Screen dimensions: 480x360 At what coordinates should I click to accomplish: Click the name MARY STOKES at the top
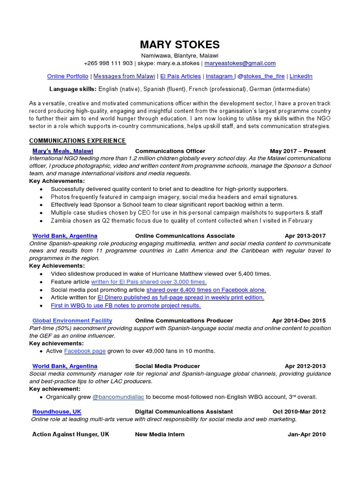(180, 45)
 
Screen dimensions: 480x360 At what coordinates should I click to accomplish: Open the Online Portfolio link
(67, 76)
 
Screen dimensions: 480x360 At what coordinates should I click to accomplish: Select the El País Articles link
(180, 76)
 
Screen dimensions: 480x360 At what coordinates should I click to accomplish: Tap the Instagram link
(219, 76)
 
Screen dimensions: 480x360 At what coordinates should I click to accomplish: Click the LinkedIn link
(300, 76)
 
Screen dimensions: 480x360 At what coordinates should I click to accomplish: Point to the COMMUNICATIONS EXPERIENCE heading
(77, 141)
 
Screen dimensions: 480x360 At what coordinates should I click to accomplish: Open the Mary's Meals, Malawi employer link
(63, 151)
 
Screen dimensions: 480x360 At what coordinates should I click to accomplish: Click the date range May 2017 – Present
(298, 151)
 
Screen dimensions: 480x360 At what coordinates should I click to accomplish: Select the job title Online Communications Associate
(185, 236)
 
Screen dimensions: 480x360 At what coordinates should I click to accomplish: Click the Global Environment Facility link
(72, 321)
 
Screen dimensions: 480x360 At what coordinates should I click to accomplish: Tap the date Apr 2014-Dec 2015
(299, 321)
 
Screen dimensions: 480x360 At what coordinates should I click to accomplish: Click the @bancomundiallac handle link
(119, 397)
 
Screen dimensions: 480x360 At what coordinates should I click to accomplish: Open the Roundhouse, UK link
(57, 412)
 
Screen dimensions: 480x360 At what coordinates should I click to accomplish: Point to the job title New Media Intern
(160, 435)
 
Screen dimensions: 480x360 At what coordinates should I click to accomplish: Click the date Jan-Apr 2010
(306, 435)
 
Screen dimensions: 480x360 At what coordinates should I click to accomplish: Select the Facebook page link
(85, 351)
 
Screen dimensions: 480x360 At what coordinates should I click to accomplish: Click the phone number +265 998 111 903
(108, 63)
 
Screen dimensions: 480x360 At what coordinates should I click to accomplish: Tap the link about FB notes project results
(126, 306)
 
